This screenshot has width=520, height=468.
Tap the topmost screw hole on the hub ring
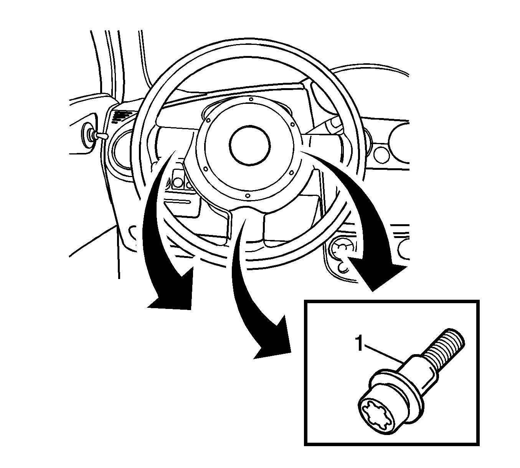click(251, 99)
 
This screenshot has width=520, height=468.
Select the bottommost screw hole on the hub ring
click(247, 195)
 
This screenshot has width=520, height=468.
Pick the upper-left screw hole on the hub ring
click(208, 120)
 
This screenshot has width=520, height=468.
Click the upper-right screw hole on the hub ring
click(293, 125)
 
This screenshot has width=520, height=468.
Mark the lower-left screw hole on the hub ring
click(205, 169)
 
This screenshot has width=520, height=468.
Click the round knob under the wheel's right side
click(340, 250)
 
